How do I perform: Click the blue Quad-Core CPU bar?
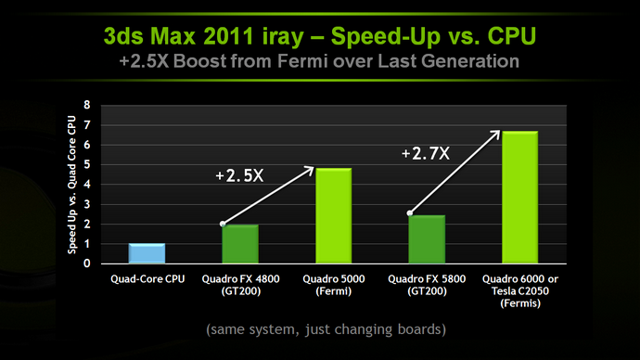point(147,253)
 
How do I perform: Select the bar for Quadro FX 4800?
point(239,244)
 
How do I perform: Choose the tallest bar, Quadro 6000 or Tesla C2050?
point(519,198)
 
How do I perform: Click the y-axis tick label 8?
point(86,106)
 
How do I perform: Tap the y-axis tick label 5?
point(86,165)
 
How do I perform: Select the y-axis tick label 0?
point(86,264)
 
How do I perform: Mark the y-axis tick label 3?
point(86,204)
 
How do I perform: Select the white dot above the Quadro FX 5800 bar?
point(409,212)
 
